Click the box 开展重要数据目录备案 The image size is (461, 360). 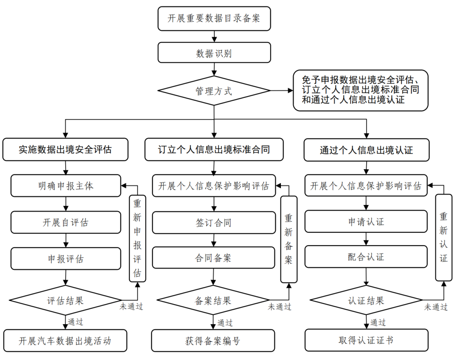tap(214, 19)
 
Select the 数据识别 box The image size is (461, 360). tap(214, 53)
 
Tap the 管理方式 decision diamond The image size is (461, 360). tap(214, 91)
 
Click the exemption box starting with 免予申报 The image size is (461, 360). tap(360, 91)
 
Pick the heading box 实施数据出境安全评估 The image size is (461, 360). tap(65, 149)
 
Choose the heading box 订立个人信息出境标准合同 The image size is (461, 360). tap(214, 149)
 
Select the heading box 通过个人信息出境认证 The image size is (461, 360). tap(366, 149)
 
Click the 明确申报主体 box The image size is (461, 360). tap(65, 186)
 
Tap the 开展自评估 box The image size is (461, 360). tap(65, 222)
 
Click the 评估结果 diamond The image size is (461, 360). tap(65, 300)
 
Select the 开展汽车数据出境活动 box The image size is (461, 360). tap(65, 340)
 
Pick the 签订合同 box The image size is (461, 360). tap(214, 222)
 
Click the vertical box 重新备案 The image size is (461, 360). tap(289, 239)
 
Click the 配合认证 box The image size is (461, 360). tap(366, 257)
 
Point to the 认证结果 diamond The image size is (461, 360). tap(366, 300)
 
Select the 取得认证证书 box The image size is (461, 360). tap(366, 340)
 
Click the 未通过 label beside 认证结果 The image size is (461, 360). tap(436, 307)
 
